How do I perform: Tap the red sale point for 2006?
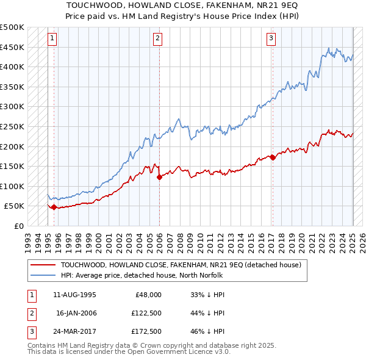pos(159,178)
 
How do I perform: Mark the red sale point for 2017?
pos(273,157)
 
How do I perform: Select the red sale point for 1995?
pos(54,207)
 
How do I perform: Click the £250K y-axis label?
pos(12,126)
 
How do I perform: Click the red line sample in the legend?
pos(43,265)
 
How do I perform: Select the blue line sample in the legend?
pos(43,275)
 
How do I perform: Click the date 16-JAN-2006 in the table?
pos(76,313)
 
